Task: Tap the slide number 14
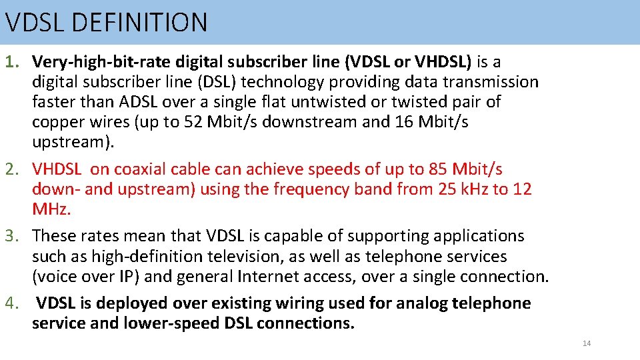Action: click(587, 343)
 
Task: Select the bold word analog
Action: click(422, 303)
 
